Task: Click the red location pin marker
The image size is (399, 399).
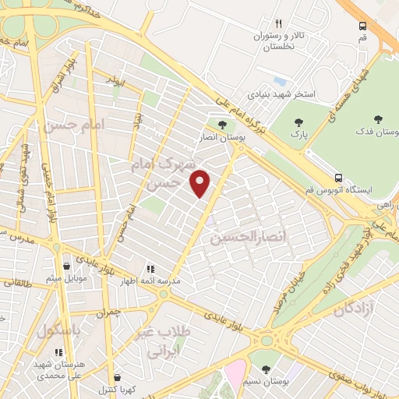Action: coord(201,183)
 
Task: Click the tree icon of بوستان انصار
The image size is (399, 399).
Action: coord(222,125)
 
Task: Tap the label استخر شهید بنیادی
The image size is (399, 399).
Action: coord(281,94)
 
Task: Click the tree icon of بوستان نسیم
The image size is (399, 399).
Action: coord(267,369)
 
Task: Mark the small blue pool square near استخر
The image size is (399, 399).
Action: coord(280,82)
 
